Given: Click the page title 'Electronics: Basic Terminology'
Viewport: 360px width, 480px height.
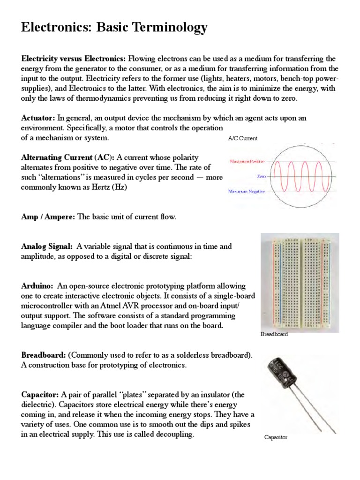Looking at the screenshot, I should coord(114,28).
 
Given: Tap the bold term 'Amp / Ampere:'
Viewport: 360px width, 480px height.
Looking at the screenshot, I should coord(48,217).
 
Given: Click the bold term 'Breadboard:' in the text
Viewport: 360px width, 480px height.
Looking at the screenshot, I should coord(44,355).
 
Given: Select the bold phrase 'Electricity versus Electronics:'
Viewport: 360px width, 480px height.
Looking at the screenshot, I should coord(74,59).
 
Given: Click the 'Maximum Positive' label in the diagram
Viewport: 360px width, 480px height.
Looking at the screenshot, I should coord(247,161).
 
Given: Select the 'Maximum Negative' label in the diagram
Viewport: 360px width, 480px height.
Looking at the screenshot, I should coord(247,191).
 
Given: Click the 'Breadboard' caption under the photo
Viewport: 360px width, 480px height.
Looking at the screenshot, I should coord(274,335).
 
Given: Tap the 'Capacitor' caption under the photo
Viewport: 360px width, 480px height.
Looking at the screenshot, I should coord(276,437).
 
